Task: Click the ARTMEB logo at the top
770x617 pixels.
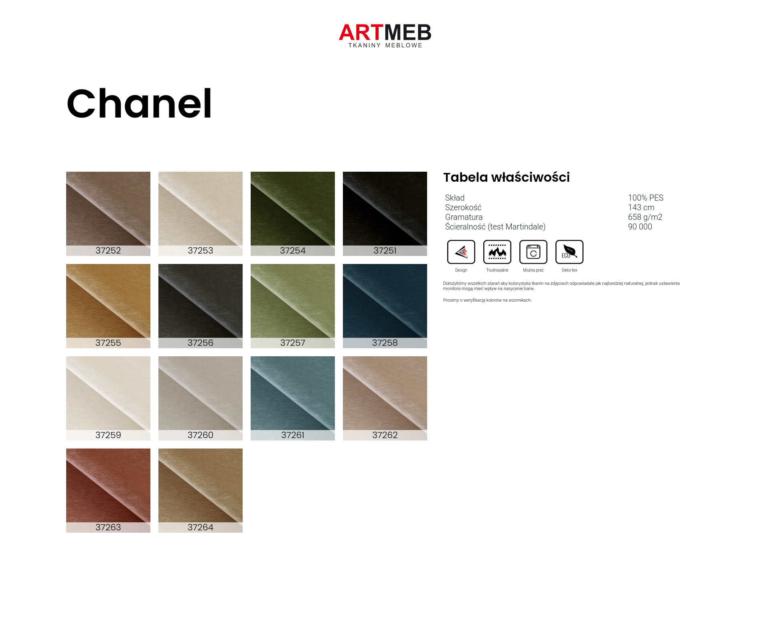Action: pyautogui.click(x=385, y=35)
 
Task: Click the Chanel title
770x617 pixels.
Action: pyautogui.click(x=139, y=104)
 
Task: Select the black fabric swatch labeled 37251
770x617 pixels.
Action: pyautogui.click(x=385, y=213)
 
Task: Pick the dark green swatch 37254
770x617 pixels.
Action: pyautogui.click(x=293, y=213)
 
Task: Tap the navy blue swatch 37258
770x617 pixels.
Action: pyautogui.click(x=385, y=306)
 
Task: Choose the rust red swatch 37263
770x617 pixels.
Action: pyautogui.click(x=108, y=490)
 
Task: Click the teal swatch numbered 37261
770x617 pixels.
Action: pyautogui.click(x=293, y=398)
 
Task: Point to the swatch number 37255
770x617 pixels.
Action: pyautogui.click(x=108, y=343)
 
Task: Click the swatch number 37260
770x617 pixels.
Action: pyautogui.click(x=201, y=435)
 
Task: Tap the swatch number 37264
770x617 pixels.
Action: pyautogui.click(x=201, y=527)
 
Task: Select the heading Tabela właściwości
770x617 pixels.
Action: pyautogui.click(x=507, y=177)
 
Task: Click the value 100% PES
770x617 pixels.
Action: pyautogui.click(x=646, y=198)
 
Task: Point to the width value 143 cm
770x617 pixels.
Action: pyautogui.click(x=641, y=207)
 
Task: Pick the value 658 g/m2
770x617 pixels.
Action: pyautogui.click(x=645, y=217)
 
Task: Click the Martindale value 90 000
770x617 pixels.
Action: pyautogui.click(x=640, y=227)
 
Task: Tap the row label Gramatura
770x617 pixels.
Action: pyautogui.click(x=464, y=217)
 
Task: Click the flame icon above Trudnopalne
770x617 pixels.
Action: pyautogui.click(x=497, y=252)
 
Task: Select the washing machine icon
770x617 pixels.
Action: pyautogui.click(x=533, y=252)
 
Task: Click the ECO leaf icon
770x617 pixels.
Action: pyautogui.click(x=569, y=252)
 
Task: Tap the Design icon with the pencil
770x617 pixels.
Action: pyautogui.click(x=461, y=252)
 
